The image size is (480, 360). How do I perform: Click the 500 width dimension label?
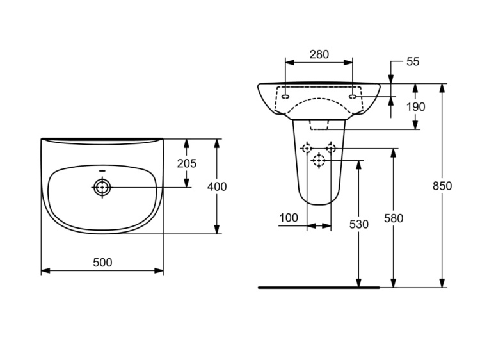[102, 263]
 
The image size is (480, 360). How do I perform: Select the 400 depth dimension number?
[217, 186]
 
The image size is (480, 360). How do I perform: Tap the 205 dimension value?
[186, 163]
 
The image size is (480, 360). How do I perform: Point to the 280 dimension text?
[319, 54]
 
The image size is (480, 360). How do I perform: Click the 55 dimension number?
[413, 61]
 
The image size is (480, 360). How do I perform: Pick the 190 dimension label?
[415, 107]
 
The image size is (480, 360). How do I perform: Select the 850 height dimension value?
[442, 186]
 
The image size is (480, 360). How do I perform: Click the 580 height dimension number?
[394, 218]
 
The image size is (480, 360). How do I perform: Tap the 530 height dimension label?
[359, 225]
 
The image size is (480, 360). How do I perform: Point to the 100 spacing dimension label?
[289, 218]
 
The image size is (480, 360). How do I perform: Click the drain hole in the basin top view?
[102, 187]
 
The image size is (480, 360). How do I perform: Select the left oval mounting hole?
[285, 97]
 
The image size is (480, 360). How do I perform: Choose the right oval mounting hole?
[353, 97]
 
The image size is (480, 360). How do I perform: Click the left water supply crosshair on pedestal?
[307, 149]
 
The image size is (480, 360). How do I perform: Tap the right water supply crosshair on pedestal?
[331, 149]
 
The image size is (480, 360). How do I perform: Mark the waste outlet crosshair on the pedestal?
[319, 160]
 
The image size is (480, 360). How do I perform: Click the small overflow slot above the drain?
[102, 171]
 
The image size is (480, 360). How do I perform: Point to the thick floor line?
[319, 288]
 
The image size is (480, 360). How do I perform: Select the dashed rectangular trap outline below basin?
[319, 125]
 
